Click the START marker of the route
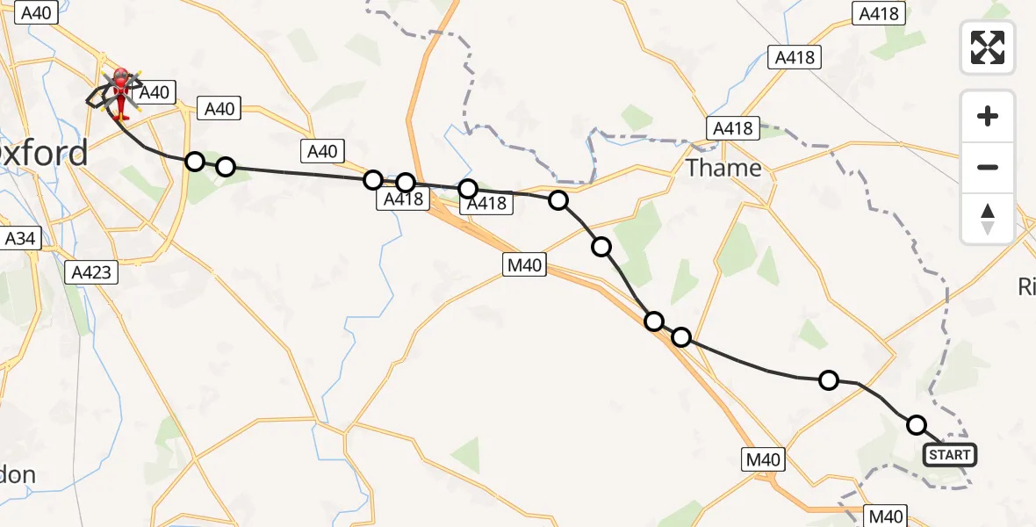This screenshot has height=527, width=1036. [x=949, y=455]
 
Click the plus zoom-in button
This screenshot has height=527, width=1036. [x=988, y=116]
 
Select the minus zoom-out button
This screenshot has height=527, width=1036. [x=988, y=167]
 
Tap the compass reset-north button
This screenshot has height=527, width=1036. [x=988, y=219]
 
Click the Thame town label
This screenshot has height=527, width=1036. [x=723, y=168]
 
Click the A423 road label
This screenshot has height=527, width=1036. [x=92, y=272]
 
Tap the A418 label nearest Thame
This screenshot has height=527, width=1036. [x=733, y=129]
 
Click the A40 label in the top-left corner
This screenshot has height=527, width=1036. [x=36, y=12]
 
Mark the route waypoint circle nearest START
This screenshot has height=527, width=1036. [x=917, y=425]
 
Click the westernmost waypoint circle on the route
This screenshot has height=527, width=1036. [x=195, y=161]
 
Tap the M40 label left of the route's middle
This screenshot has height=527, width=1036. [x=524, y=263]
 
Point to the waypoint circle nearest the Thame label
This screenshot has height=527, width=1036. [x=558, y=200]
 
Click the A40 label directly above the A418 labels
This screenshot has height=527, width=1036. [x=322, y=151]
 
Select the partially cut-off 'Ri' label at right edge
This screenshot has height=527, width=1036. [x=1026, y=286]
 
